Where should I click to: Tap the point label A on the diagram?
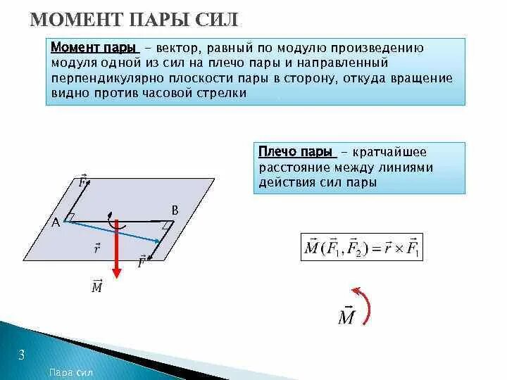(x=56, y=222)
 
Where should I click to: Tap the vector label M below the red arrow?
(x=97, y=287)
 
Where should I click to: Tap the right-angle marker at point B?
(x=167, y=224)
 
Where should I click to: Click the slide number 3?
(x=21, y=355)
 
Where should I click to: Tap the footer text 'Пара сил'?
(x=72, y=373)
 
